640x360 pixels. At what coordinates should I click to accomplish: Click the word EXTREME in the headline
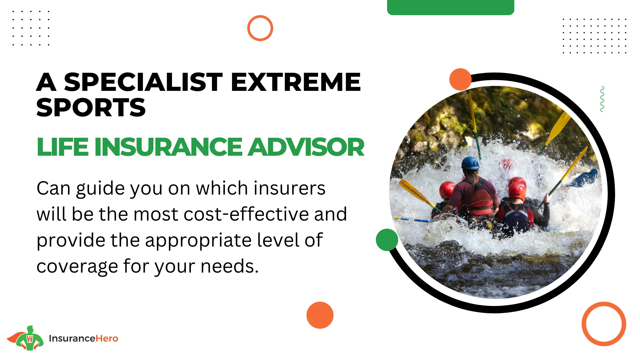[296, 82]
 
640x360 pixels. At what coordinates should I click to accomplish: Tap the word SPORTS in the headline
[91, 108]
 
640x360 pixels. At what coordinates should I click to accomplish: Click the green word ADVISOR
[306, 147]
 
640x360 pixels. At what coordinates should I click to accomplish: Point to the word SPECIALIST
[143, 82]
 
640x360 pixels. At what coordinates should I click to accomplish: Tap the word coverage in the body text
[77, 267]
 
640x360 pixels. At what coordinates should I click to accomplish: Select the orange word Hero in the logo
[107, 339]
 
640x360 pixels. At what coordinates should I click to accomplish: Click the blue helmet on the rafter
[470, 163]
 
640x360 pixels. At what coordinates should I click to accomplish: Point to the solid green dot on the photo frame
[387, 240]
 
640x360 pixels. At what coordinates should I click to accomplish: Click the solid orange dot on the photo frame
[460, 79]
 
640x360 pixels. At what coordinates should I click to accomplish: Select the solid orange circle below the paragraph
[320, 315]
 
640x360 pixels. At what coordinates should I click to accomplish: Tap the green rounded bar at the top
[451, 7]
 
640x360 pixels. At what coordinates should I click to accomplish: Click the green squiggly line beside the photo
[602, 99]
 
